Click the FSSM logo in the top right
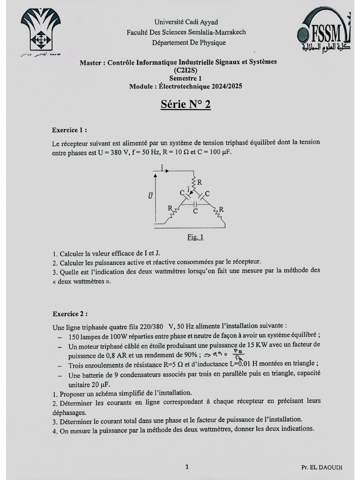coord(324,33)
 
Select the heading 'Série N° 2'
coord(186,104)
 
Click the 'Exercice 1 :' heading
coord(69,130)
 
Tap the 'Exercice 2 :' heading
coord(69,314)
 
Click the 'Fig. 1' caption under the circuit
coord(195,237)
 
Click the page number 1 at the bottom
coord(187,466)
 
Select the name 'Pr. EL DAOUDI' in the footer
coord(322,467)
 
